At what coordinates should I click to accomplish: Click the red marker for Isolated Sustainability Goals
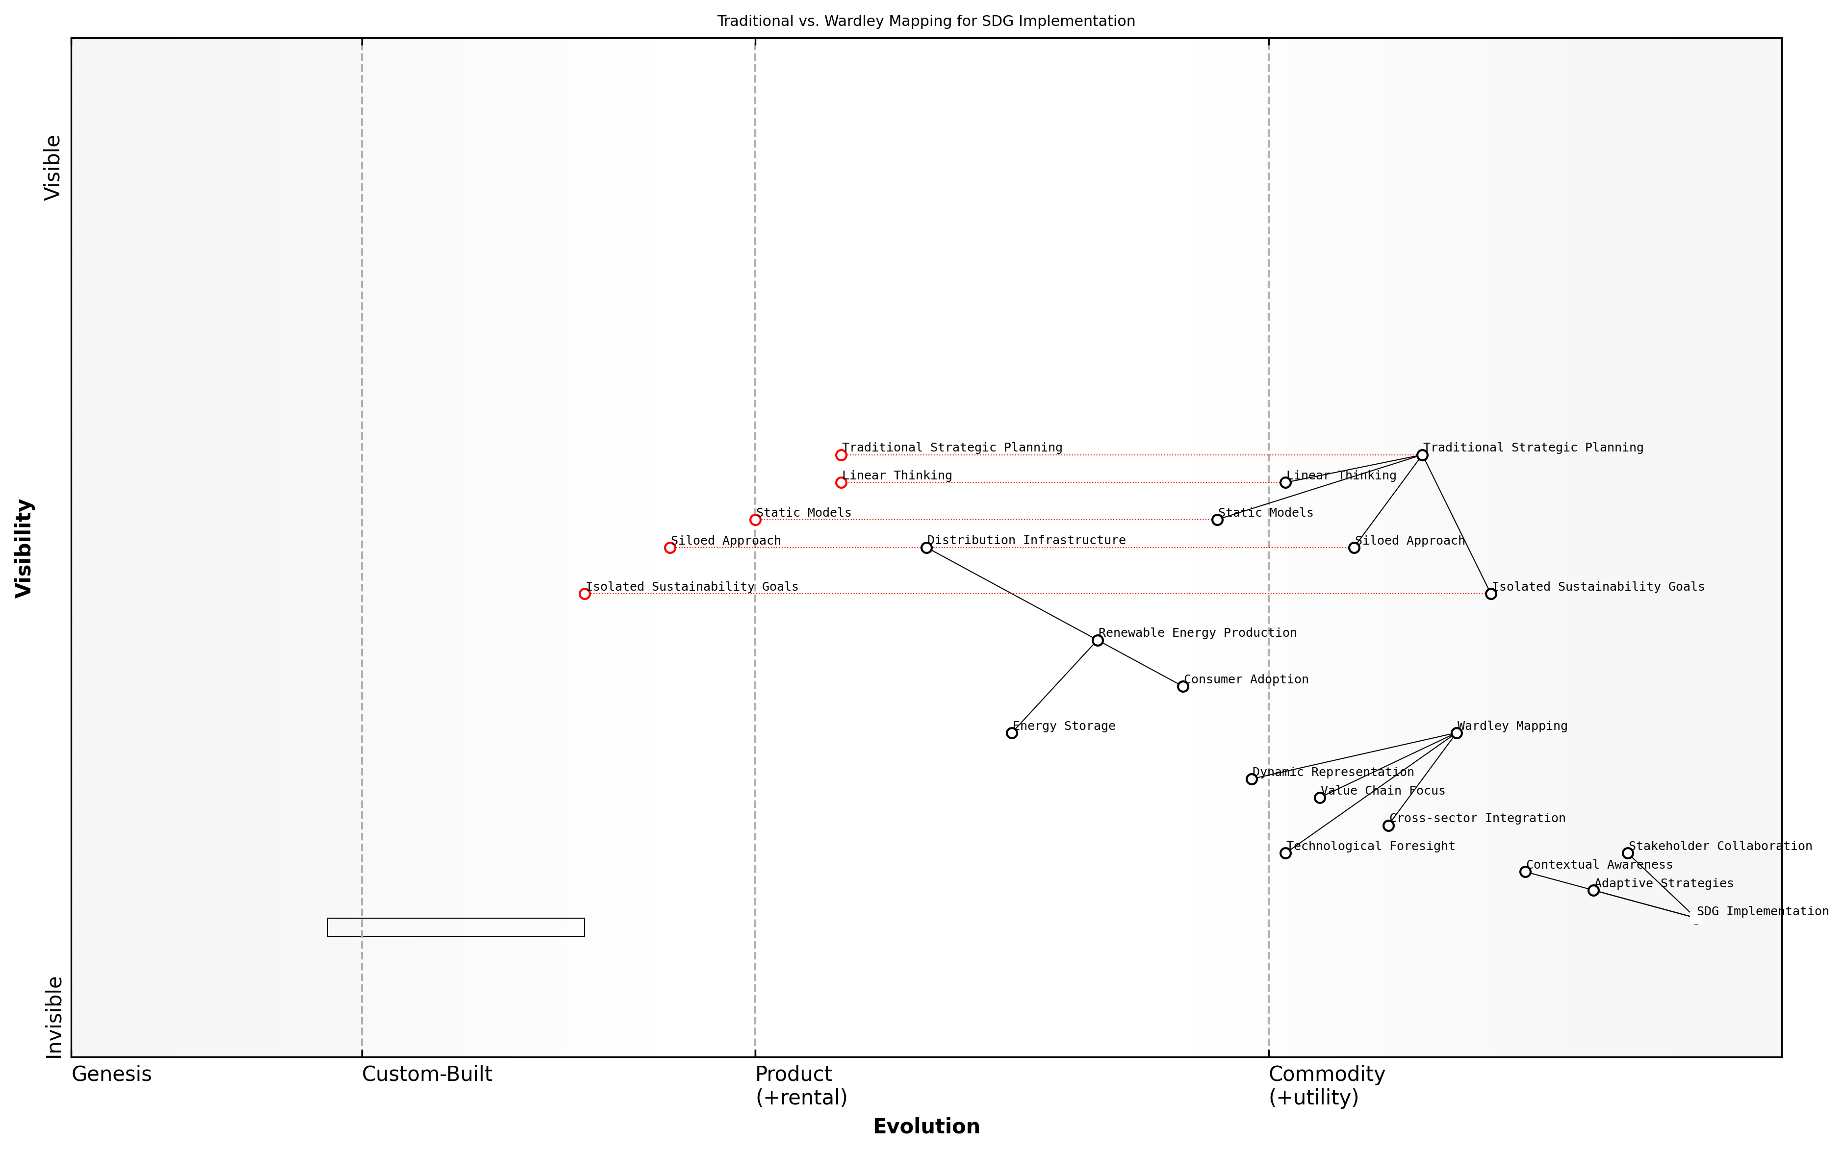585,594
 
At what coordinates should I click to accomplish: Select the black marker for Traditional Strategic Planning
1422,455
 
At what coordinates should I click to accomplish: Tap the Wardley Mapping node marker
1456,733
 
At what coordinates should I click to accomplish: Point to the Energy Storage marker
1012,733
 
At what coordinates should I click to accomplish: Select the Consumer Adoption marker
1182,686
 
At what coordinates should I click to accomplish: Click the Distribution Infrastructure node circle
926,548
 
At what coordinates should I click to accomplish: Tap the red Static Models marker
755,520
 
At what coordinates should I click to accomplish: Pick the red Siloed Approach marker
670,548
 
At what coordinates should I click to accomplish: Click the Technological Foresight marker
1285,853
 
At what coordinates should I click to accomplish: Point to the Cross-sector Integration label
1477,818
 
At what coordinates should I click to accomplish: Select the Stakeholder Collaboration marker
1628,853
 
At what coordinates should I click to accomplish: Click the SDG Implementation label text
1763,911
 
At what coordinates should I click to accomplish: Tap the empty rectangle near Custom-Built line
456,927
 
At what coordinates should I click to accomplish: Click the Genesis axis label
111,1074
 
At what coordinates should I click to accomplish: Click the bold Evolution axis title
926,1126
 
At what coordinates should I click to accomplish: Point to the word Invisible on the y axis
53,1017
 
